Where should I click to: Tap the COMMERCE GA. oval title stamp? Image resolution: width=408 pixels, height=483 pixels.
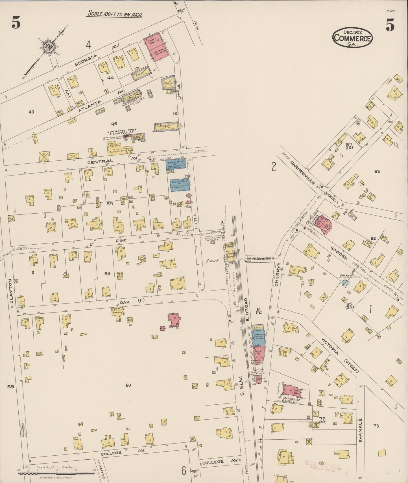coord(353,37)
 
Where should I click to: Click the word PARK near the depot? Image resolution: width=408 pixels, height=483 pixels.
coord(213,261)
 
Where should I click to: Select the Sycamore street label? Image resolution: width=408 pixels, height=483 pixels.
coord(260,258)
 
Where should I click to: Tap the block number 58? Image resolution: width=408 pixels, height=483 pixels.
coord(107,273)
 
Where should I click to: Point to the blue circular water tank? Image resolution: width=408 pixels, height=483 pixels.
coord(344,283)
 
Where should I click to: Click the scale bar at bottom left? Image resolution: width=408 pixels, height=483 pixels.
coord(56,474)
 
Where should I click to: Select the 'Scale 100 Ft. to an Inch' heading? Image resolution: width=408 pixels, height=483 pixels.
coord(115,14)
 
